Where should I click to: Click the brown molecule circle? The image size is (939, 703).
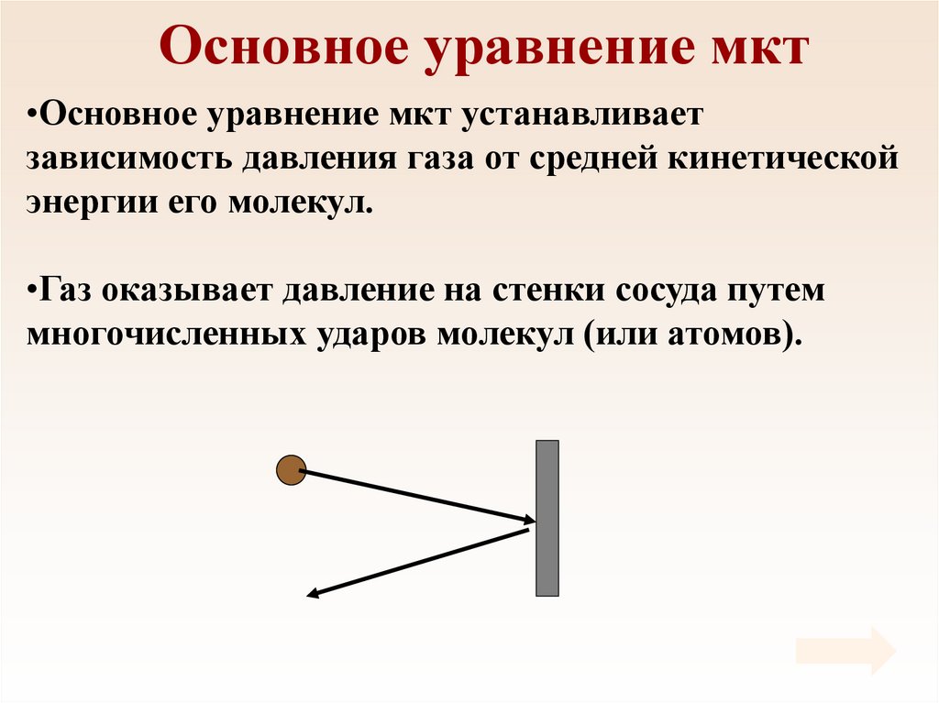[291, 470]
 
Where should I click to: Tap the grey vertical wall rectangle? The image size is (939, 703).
[547, 518]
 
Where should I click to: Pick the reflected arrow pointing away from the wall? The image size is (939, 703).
[418, 563]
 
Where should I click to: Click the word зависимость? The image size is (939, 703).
[127, 159]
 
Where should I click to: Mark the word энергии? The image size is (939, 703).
[87, 202]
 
